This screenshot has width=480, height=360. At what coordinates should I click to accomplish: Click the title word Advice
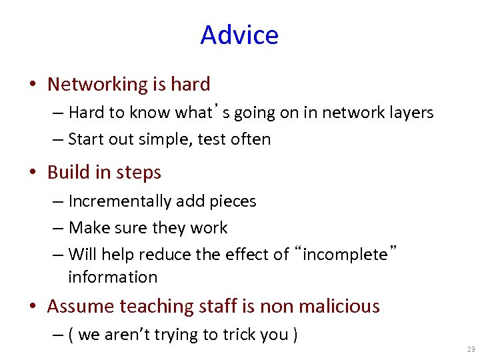point(239,35)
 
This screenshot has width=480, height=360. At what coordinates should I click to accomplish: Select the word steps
point(139,173)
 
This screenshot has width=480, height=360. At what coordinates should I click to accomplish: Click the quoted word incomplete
point(345,254)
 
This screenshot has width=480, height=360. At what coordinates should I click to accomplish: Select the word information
point(113,277)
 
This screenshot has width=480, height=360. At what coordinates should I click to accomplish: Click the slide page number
point(471,349)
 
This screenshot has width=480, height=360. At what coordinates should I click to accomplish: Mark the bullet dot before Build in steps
point(33,173)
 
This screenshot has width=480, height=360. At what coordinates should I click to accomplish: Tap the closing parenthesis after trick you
point(295,335)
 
